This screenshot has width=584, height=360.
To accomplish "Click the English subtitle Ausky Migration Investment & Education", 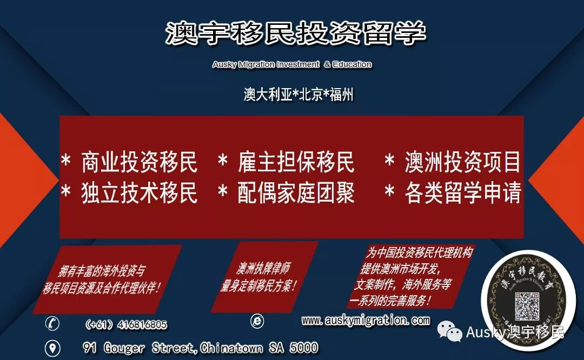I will coord(292,64).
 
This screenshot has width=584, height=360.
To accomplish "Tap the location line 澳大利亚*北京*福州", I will coord(298,95).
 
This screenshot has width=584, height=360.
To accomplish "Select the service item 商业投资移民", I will coord(139,162).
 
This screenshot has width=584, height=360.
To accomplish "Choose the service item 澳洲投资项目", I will coord(462,162).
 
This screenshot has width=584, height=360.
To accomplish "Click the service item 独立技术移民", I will coord(139,193).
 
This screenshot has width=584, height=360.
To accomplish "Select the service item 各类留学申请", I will coord(462,193).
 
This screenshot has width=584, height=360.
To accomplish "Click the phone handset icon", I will coord(53,324).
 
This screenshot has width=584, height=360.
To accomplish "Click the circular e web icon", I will coord(257,321).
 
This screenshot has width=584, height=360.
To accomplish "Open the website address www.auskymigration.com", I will coord(366,321).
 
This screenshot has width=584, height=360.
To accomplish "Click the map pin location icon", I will coord(52,348).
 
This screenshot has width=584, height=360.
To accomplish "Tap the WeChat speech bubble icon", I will coord(450,331).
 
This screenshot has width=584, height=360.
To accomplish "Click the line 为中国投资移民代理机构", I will coord(420,252).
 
